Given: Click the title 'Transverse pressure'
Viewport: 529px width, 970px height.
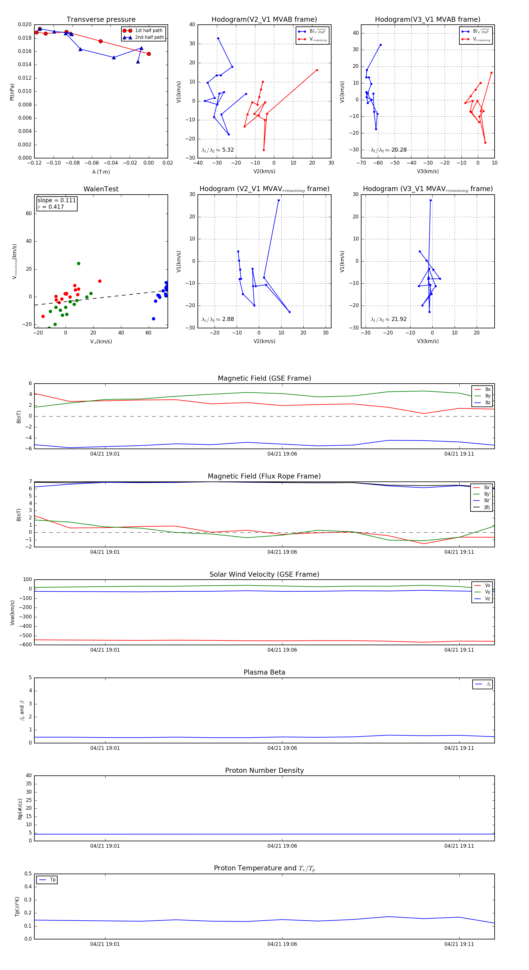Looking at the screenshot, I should [101, 20].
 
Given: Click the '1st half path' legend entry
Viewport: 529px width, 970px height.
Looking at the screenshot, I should [148, 31].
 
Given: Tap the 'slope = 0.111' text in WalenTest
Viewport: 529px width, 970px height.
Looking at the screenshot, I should [56, 200].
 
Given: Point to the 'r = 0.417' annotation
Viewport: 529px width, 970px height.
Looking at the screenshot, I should [51, 207].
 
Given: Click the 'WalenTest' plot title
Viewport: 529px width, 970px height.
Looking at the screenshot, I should [101, 189].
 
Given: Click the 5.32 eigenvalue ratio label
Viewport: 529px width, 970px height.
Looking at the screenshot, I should [217, 150].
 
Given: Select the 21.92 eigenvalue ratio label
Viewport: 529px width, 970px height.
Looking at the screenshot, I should [389, 319].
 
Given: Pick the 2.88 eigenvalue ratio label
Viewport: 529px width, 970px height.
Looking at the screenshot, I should [217, 319].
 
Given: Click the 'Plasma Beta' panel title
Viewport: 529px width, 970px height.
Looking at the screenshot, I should [264, 673].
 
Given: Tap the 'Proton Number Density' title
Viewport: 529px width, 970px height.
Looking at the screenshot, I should [264, 770].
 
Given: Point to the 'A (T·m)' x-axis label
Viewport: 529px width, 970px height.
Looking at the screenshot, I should [101, 172].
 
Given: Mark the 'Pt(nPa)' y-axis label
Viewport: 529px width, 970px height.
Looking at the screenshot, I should [12, 92].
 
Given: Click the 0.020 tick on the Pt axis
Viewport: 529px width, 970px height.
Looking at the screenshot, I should [25, 24].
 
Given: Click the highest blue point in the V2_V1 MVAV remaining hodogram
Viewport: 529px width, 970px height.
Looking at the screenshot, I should [279, 200].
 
